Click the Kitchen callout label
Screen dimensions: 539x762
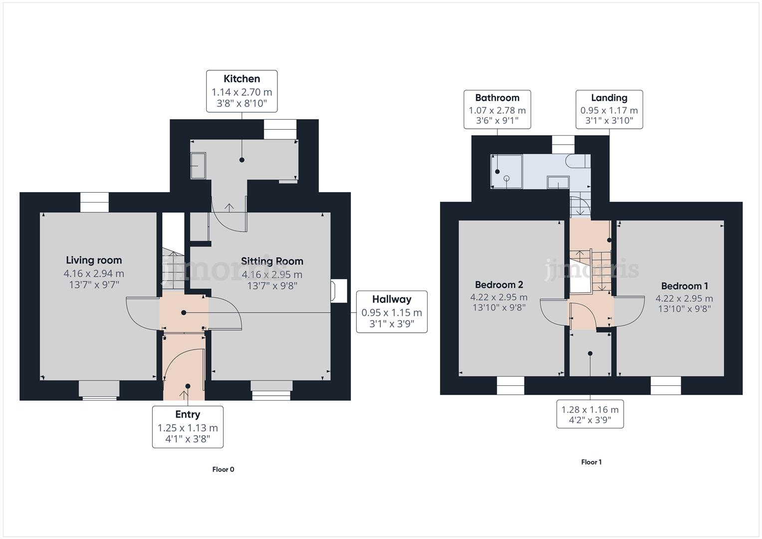pos(242,91)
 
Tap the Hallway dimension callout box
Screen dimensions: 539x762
pos(392,312)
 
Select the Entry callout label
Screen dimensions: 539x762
pos(188,427)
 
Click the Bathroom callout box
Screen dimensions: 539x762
pos(497,109)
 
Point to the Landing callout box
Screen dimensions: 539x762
pos(609,109)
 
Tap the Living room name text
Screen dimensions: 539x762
pos(94,260)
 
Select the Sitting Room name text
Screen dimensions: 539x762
pos(272,261)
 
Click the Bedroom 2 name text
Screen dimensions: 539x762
pos(499,284)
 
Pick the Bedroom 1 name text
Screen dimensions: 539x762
pos(684,286)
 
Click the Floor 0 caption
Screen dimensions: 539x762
pos(223,469)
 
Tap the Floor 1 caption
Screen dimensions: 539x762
pos(591,462)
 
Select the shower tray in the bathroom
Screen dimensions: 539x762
pos(507,172)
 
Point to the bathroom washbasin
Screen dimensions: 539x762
pos(558,182)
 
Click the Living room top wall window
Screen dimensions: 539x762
pos(94,203)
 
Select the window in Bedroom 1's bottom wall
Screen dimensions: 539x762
pos(666,385)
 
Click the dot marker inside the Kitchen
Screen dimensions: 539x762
pos(242,160)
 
